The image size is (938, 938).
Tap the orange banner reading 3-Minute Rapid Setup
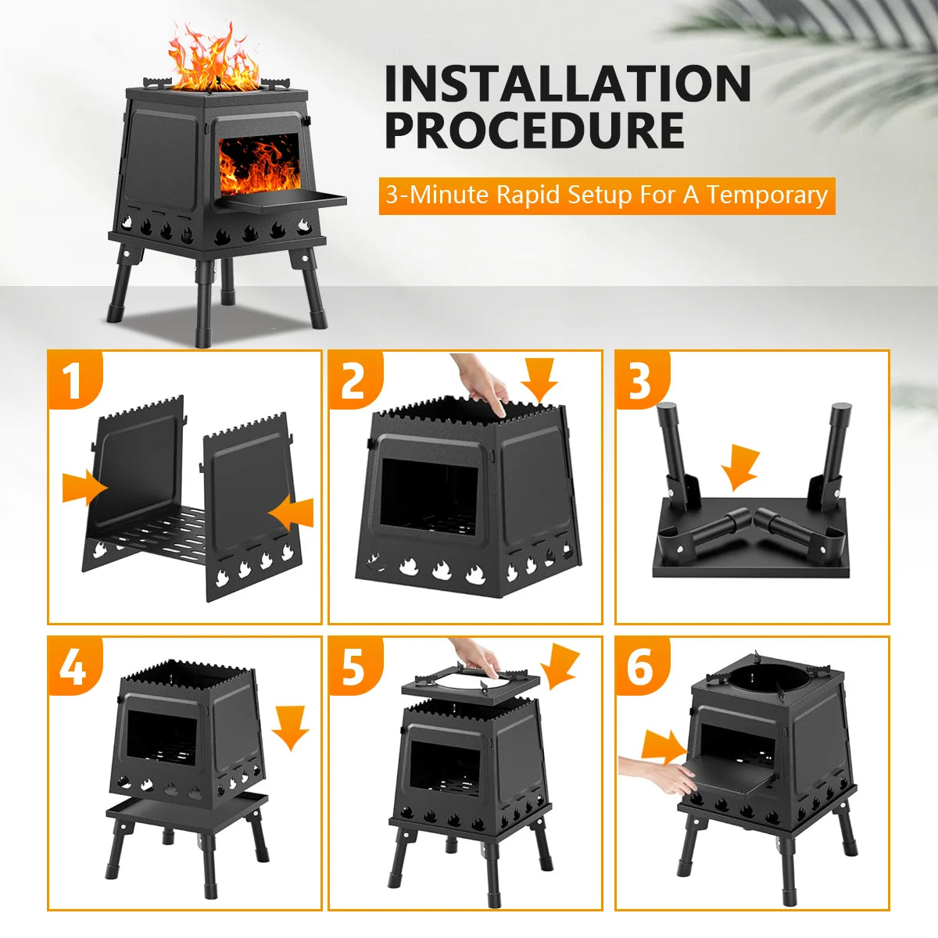pyautogui.click(x=607, y=195)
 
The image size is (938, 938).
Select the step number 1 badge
pyautogui.click(x=73, y=381)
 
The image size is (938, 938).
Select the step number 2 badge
pyautogui.click(x=353, y=381)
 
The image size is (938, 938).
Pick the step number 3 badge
pyautogui.click(x=640, y=381)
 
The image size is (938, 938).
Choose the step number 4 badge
pyautogui.click(x=73, y=667)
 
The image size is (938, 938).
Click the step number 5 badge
pyautogui.click(x=353, y=667)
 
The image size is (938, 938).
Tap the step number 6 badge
pyautogui.click(x=640, y=667)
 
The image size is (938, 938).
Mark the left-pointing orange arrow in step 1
pyautogui.click(x=291, y=514)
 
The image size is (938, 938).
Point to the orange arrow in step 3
pyautogui.click(x=739, y=468)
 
